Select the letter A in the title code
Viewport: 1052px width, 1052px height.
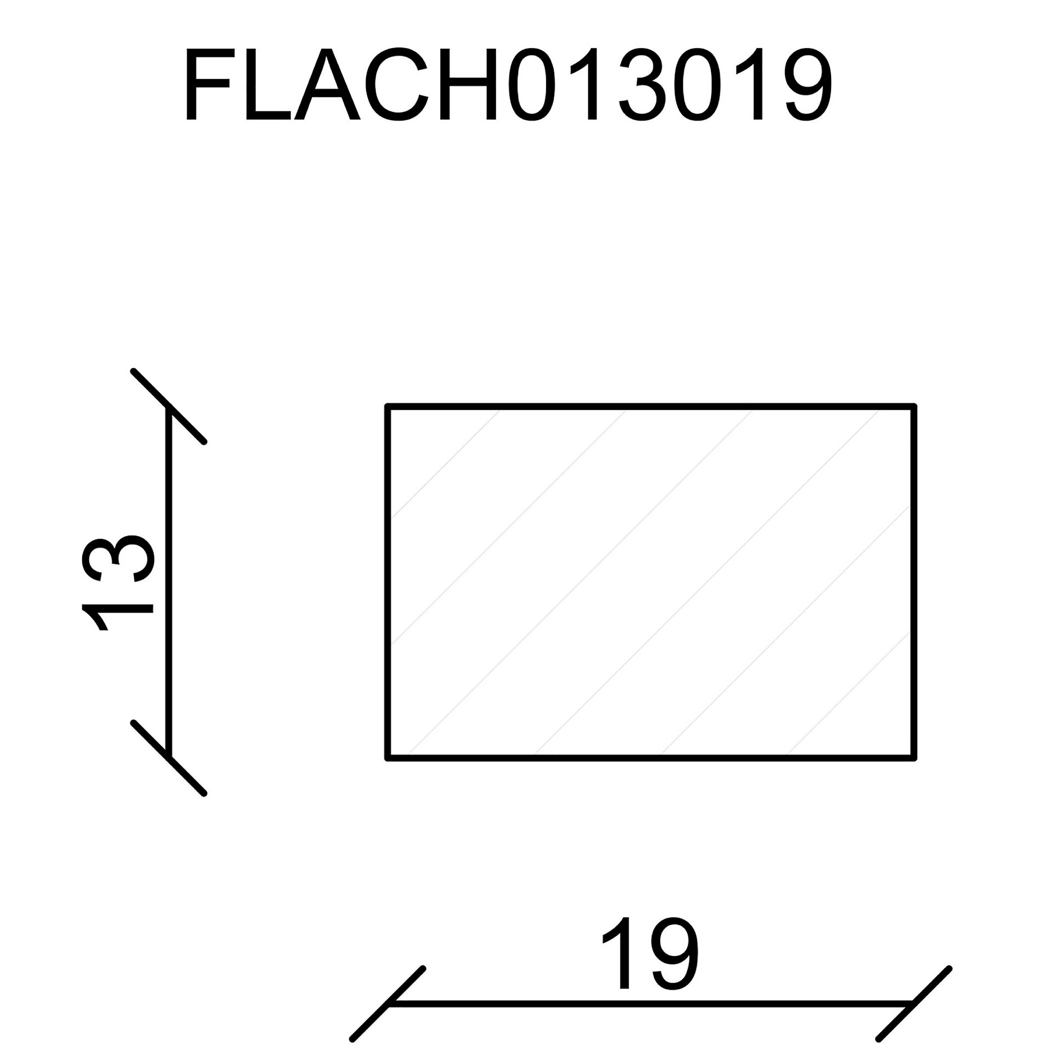(327, 85)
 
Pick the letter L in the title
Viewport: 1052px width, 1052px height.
(268, 85)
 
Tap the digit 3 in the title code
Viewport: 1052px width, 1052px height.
(648, 85)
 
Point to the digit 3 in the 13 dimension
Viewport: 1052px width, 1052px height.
(117, 558)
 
